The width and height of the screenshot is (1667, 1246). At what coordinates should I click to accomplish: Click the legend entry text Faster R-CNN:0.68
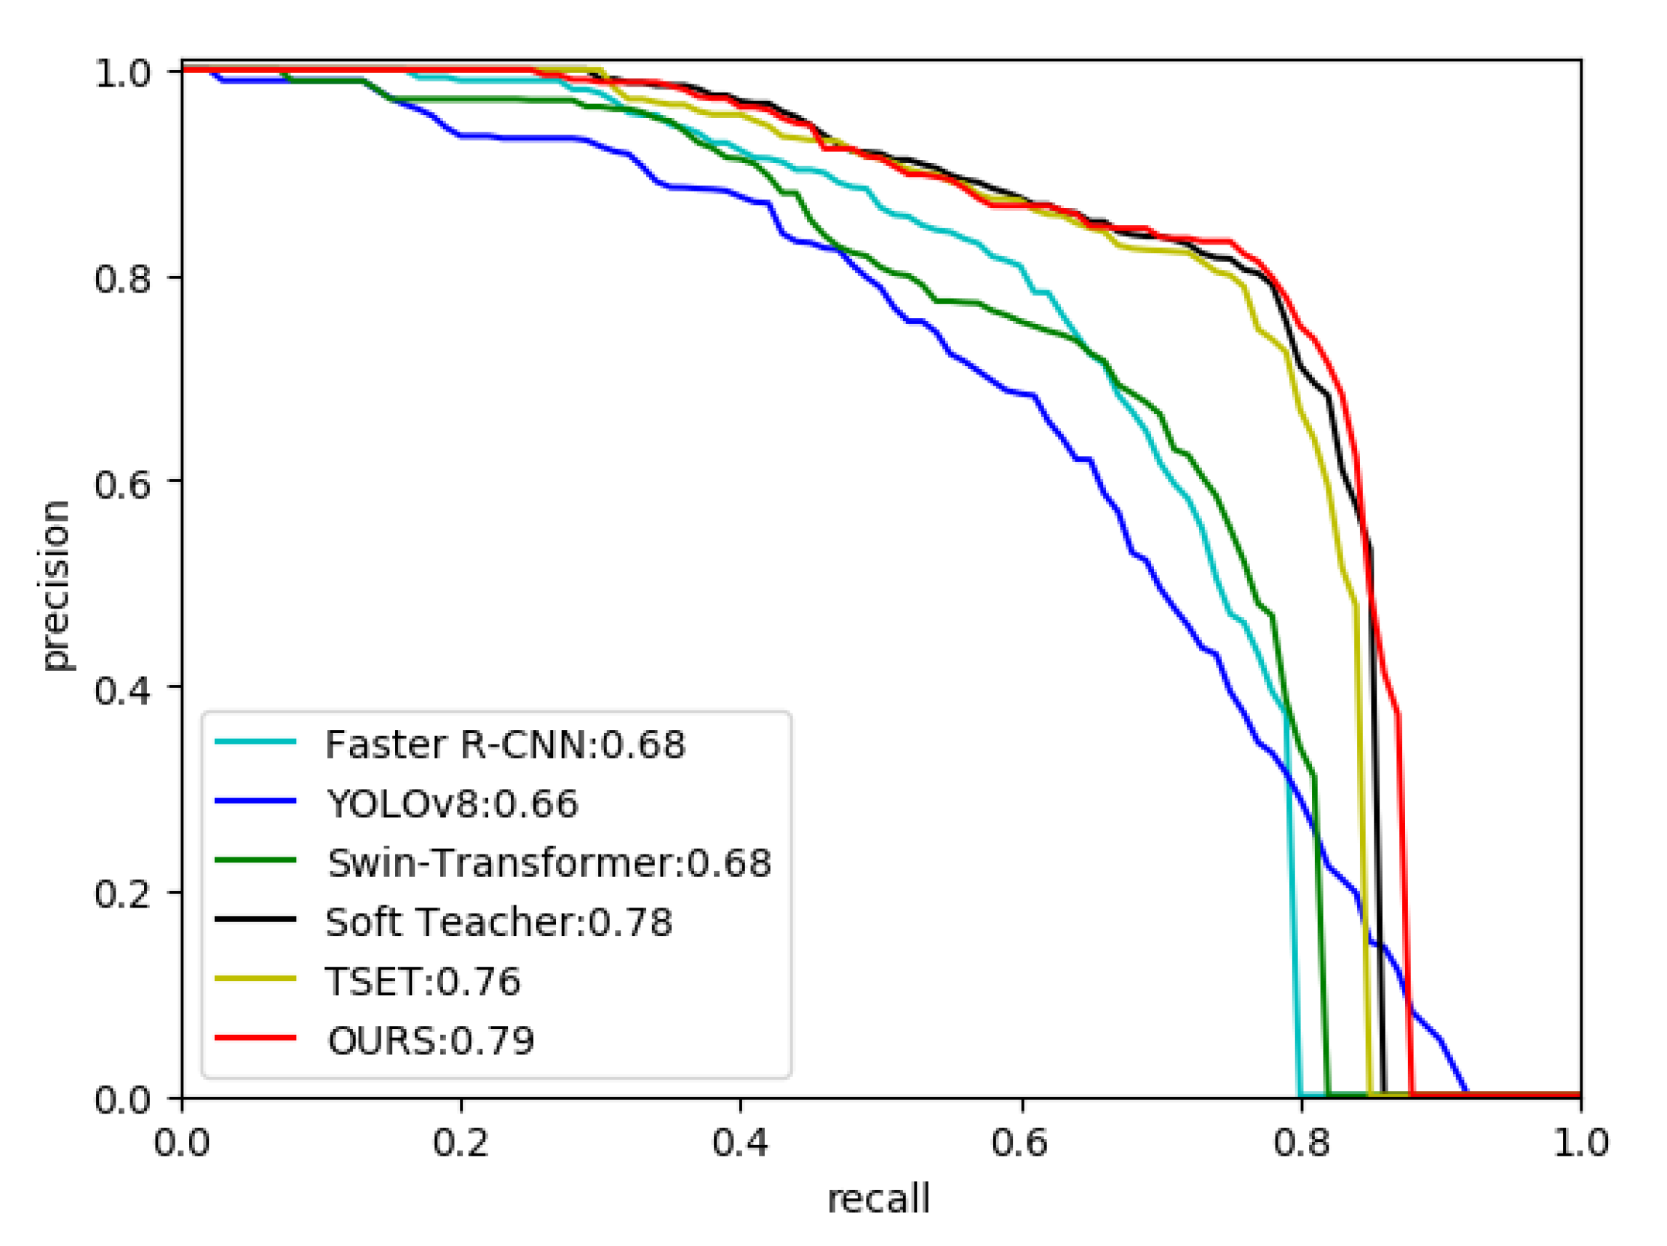click(505, 745)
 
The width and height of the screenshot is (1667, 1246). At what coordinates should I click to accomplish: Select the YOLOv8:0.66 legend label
click(452, 803)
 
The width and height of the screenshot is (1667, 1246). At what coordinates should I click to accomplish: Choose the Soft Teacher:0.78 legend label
click(498, 922)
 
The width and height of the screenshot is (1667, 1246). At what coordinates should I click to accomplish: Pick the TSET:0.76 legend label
click(423, 981)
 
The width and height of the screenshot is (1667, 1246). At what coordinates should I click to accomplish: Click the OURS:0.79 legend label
click(430, 1041)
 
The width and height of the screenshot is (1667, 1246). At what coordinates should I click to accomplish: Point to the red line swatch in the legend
click(255, 1038)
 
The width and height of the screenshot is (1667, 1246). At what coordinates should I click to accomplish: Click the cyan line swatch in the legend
click(255, 742)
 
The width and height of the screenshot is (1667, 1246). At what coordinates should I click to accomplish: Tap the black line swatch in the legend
click(255, 919)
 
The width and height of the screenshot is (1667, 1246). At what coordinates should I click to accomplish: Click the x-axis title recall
click(879, 1199)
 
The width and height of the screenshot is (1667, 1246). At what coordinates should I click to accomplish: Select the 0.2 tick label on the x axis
click(461, 1143)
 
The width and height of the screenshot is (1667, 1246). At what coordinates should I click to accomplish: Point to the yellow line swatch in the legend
click(255, 978)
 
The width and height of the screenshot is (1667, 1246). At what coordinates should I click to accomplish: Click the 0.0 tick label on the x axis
click(182, 1143)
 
